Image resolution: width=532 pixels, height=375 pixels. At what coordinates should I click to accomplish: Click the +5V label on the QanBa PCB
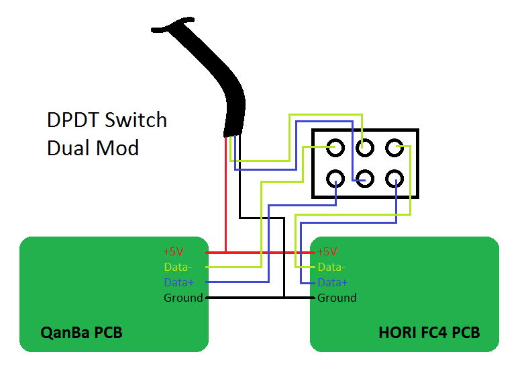click(173, 252)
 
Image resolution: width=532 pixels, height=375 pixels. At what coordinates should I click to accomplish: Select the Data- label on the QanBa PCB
click(178, 267)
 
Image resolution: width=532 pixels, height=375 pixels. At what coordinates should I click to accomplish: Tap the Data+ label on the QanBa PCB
click(178, 282)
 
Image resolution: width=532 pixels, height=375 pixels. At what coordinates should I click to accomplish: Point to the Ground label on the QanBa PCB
click(183, 297)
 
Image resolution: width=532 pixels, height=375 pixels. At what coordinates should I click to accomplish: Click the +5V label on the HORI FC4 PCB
click(327, 252)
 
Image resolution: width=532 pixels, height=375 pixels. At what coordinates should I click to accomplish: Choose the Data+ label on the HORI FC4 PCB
click(333, 282)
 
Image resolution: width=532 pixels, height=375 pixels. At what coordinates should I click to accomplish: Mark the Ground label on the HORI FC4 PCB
click(337, 297)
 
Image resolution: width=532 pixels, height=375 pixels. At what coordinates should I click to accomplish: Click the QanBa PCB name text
click(81, 333)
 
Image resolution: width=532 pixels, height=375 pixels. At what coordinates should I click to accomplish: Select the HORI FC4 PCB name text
click(429, 333)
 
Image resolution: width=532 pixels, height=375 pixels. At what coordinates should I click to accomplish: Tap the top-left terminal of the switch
click(335, 147)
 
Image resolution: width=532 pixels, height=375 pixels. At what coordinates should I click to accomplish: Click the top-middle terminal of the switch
click(365, 147)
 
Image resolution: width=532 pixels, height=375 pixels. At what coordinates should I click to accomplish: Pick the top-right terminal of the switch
click(394, 147)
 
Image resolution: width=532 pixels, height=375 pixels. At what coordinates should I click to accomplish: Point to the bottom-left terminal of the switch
click(335, 178)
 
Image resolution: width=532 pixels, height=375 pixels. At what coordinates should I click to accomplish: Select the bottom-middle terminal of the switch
click(365, 178)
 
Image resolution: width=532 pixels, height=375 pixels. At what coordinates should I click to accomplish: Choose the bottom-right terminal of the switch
click(394, 178)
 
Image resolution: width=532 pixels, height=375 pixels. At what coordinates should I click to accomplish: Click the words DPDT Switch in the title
click(107, 120)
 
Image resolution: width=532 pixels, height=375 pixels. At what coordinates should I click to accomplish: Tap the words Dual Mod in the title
click(93, 147)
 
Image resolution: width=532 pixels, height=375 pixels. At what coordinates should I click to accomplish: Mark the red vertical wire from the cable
click(225, 195)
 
